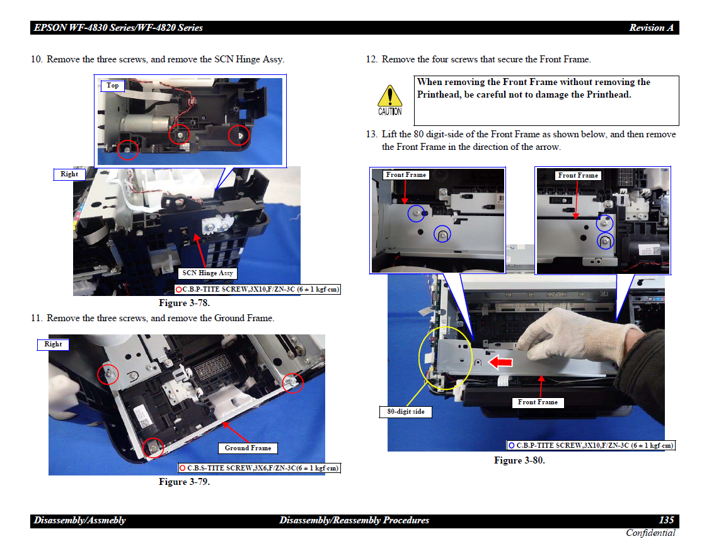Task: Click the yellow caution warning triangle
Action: coord(389,96)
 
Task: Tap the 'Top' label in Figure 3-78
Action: coord(113,86)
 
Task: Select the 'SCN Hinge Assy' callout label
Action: coord(207,273)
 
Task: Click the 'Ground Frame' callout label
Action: coord(248,448)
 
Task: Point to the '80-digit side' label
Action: coord(406,412)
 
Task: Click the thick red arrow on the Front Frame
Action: coord(500,361)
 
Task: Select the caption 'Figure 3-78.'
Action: coord(185,303)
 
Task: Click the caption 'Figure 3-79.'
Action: coord(185,482)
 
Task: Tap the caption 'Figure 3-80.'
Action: coord(519,460)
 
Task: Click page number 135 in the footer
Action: coord(667,520)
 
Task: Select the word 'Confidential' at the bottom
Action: coord(650,533)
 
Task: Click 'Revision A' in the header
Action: coord(651,28)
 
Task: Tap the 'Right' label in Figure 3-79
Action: coord(53,344)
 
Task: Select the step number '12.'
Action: coord(372,59)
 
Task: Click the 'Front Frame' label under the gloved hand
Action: coord(538,402)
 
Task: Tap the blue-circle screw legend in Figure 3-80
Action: coord(591,445)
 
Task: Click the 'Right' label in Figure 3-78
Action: coord(69,174)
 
